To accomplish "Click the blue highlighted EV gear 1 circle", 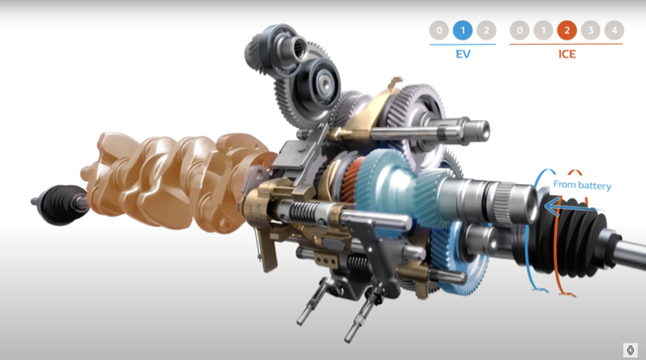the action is click(463, 30).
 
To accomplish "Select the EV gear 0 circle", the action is click(439, 30).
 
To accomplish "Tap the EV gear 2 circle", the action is click(486, 30).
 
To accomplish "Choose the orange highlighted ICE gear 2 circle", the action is click(567, 30).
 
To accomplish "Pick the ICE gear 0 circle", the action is click(520, 30).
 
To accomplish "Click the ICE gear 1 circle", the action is click(543, 30).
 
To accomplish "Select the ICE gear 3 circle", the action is click(591, 30).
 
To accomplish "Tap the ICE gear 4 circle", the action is click(614, 30).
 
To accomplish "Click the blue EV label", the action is click(463, 54).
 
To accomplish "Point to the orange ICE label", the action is click(567, 54).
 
